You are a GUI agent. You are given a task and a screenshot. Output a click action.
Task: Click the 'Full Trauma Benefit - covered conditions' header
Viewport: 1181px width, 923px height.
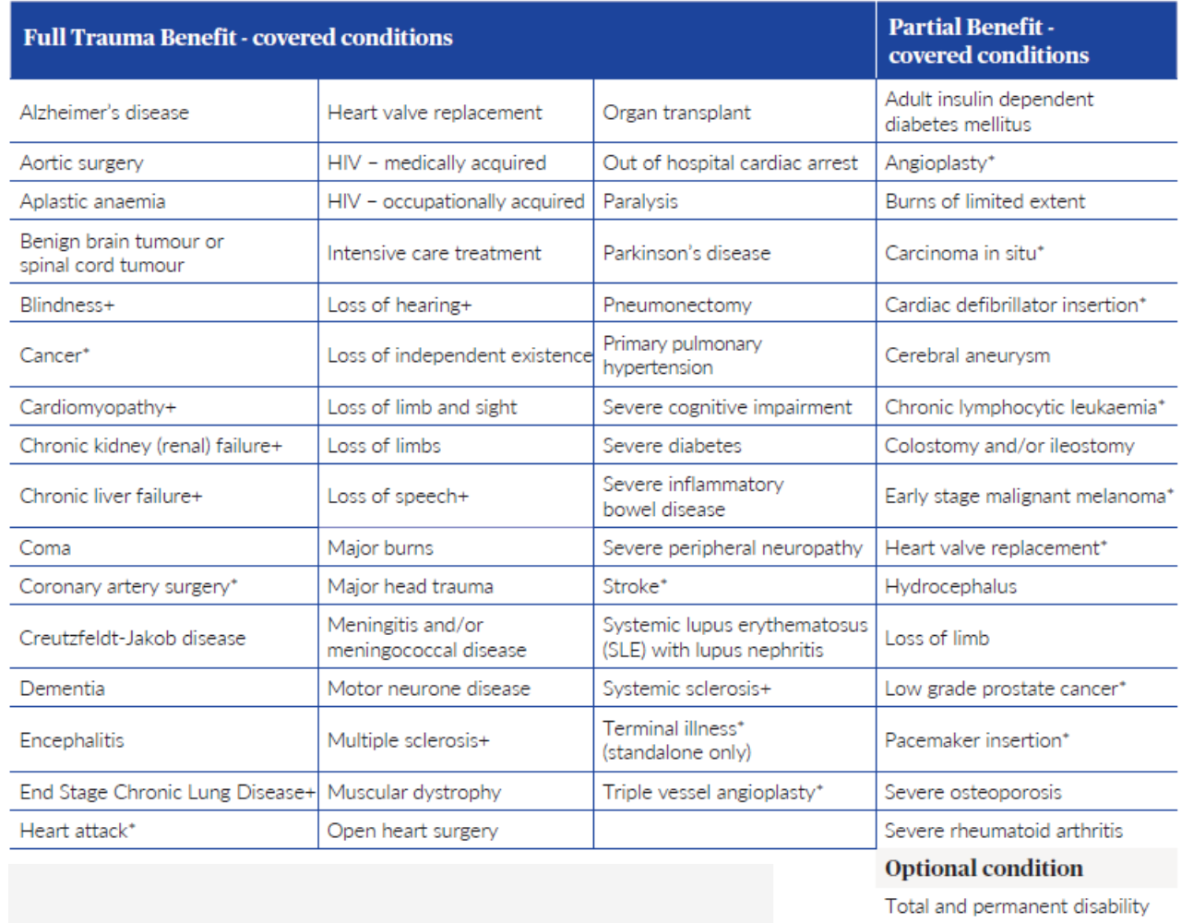(x=238, y=38)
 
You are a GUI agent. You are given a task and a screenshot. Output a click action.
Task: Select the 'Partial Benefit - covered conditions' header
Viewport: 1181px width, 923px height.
(x=988, y=41)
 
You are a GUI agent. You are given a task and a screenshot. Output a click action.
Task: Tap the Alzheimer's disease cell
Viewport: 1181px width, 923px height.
(x=104, y=113)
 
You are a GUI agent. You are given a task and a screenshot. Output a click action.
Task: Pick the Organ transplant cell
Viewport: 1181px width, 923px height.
(x=676, y=113)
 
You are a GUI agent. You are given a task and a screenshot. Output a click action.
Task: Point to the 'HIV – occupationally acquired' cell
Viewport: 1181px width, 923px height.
(x=456, y=201)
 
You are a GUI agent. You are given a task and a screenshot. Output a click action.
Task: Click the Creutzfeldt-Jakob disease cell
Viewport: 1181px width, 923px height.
(x=133, y=638)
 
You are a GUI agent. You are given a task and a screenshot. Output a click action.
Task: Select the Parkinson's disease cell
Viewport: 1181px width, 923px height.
(x=686, y=253)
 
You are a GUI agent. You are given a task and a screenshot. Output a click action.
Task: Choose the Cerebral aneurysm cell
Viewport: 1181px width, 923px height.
(x=967, y=355)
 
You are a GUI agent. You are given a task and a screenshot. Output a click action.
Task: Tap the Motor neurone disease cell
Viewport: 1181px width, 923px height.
(x=429, y=689)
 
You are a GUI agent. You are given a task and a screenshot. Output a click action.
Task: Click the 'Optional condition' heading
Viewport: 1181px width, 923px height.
(x=984, y=869)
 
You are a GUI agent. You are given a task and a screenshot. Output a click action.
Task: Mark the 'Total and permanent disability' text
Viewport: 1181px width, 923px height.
(x=1017, y=906)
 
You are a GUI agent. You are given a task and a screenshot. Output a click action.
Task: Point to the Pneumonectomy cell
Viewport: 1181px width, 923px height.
(x=677, y=305)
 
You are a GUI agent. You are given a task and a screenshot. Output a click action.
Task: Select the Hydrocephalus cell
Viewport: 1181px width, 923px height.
(x=950, y=586)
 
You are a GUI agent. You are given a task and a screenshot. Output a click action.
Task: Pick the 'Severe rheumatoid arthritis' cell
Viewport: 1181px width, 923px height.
(x=1004, y=831)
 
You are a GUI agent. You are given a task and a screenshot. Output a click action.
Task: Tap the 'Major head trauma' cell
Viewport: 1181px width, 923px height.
(x=411, y=586)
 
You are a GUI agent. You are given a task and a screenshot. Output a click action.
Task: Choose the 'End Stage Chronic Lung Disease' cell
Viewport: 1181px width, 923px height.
(x=167, y=792)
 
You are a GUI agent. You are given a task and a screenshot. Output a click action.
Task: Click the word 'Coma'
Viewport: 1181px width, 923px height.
(x=45, y=547)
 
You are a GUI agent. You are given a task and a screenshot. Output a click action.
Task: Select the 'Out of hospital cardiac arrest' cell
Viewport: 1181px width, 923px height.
(x=730, y=162)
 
